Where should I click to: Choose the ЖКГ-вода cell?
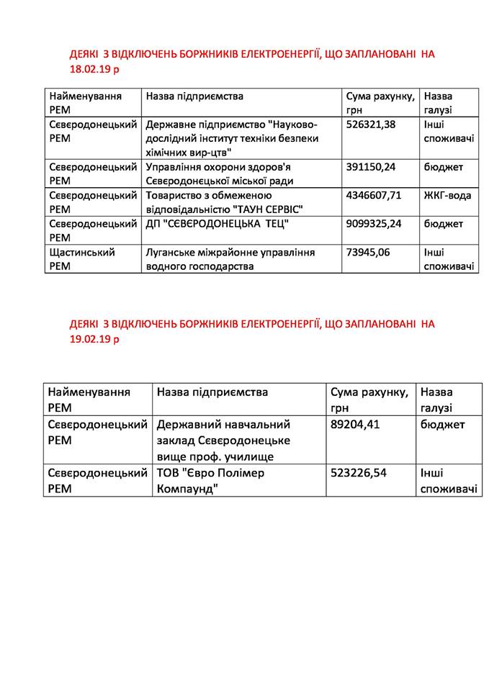(x=447, y=195)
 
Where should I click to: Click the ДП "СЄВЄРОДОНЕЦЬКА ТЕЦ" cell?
(x=217, y=224)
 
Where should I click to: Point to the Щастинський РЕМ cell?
(x=81, y=259)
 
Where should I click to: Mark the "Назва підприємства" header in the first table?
(x=194, y=96)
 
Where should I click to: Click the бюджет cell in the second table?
(x=442, y=425)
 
